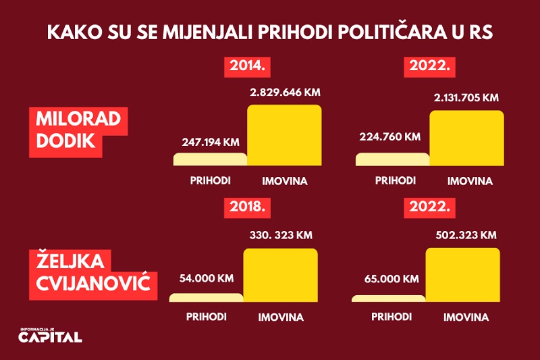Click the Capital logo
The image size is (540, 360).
pyautogui.click(x=51, y=335)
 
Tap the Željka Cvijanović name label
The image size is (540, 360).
pyautogui.click(x=92, y=276)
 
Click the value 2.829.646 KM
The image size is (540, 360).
pyautogui.click(x=283, y=93)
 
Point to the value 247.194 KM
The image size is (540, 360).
pyautogui.click(x=211, y=143)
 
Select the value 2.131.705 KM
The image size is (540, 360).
pyautogui.click(x=466, y=98)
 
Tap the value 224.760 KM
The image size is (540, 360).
pyautogui.click(x=392, y=136)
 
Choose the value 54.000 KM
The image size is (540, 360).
pyautogui.click(x=207, y=278)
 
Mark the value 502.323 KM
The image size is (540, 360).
pyautogui.click(x=463, y=235)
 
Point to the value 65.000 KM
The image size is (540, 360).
pyautogui.click(x=390, y=278)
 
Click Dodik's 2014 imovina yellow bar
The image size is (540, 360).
pyautogui.click(x=284, y=135)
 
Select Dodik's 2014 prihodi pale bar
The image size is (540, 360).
pyautogui.click(x=211, y=159)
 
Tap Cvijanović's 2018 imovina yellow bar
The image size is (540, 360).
pyautogui.click(x=280, y=275)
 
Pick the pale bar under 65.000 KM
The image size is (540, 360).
pyautogui.click(x=389, y=299)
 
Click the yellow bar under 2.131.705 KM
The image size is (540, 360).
pyautogui.click(x=466, y=138)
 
